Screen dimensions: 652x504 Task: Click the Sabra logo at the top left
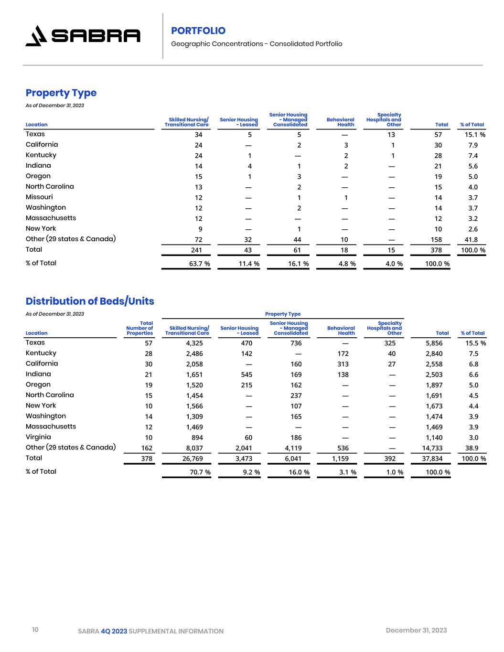[83, 36]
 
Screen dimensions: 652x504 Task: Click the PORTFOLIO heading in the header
[198, 31]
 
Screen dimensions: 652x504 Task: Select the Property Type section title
[61, 93]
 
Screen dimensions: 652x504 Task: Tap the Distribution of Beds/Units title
[90, 301]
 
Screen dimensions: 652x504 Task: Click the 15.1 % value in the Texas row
[475, 135]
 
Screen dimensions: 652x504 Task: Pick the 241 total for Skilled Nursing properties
[196, 250]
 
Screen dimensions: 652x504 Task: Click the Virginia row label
[38, 437]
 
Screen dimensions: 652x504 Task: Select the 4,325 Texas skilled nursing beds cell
[194, 343]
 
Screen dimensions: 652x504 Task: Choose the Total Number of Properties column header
[140, 328]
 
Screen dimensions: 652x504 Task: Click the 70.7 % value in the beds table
[200, 472]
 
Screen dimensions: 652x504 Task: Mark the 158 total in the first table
[436, 240]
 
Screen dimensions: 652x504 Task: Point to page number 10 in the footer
[35, 630]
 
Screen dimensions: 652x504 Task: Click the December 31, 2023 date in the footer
[416, 630]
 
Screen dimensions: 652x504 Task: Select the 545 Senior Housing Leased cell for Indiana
[247, 374]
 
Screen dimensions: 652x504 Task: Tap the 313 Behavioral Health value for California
[343, 364]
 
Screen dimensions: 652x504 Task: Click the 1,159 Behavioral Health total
[341, 459]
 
